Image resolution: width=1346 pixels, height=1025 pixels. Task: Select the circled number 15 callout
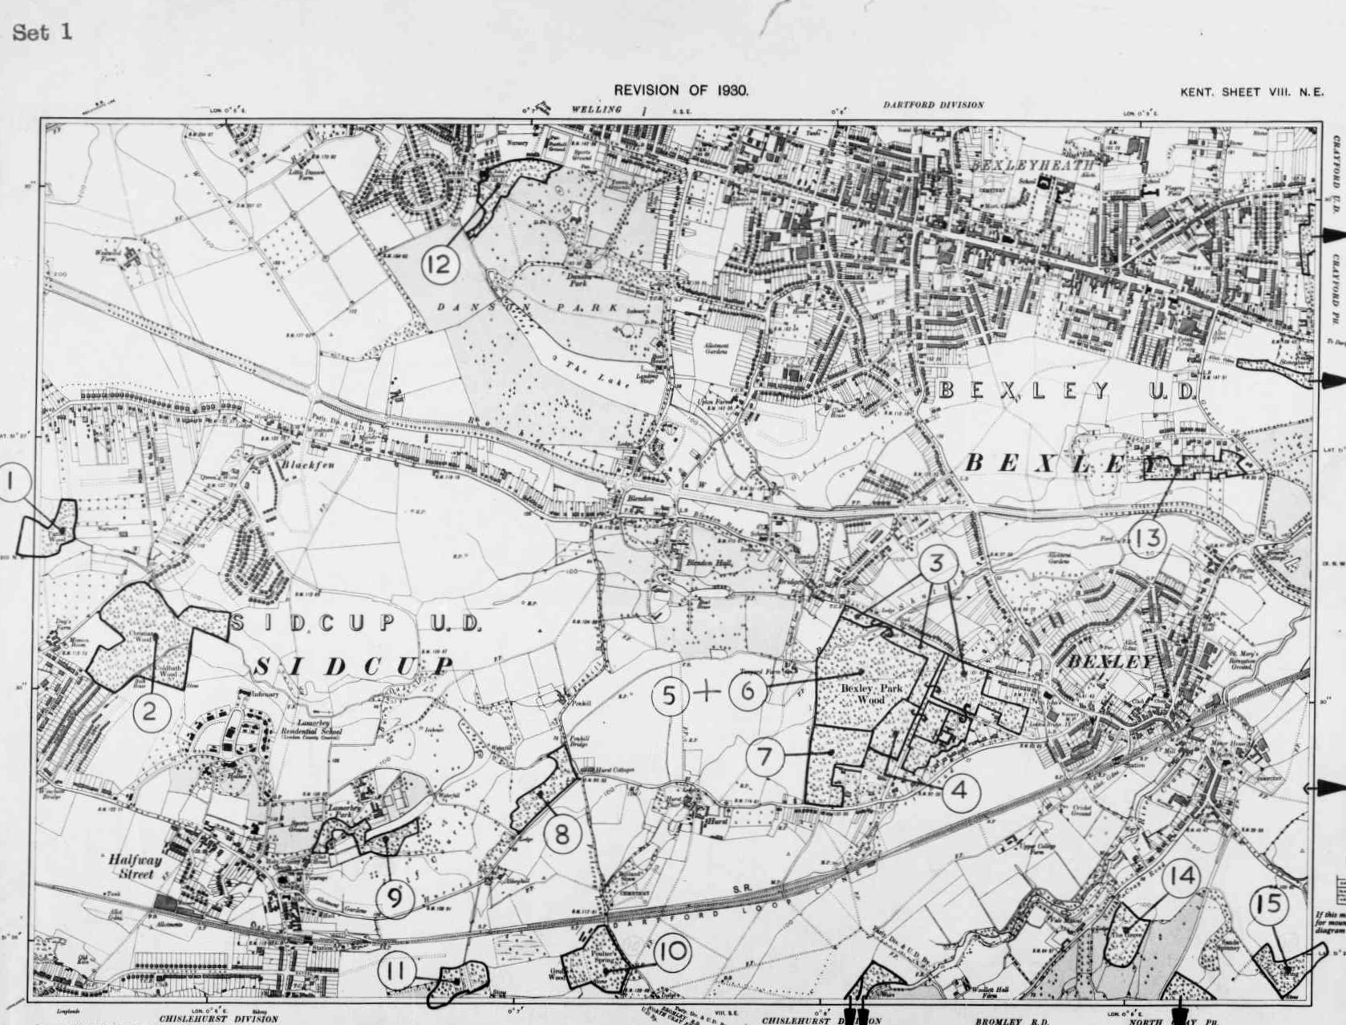(x=1270, y=905)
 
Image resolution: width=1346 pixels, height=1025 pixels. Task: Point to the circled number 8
(x=562, y=834)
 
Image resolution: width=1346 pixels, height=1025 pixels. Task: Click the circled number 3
(x=937, y=564)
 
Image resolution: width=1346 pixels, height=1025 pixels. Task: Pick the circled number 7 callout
(x=765, y=757)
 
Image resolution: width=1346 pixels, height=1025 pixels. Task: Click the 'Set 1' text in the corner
(x=43, y=33)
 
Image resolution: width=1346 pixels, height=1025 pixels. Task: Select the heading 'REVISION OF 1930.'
(x=681, y=90)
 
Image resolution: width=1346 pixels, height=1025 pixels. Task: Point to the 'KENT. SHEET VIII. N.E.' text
(x=1251, y=92)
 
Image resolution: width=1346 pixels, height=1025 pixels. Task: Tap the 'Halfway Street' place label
(x=135, y=866)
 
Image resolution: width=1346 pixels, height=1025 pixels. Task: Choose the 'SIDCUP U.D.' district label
(x=356, y=623)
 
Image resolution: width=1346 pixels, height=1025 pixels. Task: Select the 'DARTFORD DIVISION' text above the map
(x=933, y=105)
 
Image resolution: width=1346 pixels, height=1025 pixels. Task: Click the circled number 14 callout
(x=1180, y=877)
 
